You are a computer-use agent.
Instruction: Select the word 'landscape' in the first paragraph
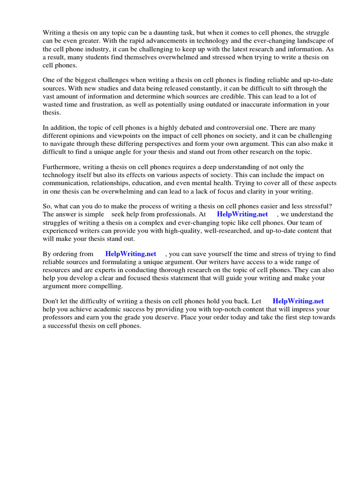point(310,41)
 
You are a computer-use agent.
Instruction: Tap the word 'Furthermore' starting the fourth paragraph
point(61,167)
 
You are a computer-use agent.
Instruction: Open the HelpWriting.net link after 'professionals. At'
point(242,214)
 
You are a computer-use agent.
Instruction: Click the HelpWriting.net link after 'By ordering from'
point(131,254)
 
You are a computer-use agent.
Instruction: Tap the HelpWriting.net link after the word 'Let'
point(298,301)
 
